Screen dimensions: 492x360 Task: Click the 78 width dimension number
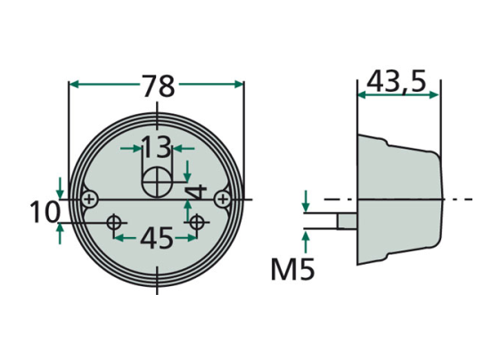158,86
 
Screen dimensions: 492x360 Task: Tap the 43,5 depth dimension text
397,81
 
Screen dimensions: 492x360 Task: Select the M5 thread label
292,269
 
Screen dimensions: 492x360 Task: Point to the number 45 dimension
157,238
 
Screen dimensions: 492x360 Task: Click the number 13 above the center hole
157,147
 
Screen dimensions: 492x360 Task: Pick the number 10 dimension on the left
45,212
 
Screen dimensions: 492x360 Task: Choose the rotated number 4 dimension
196,192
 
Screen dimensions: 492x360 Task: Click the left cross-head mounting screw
90,199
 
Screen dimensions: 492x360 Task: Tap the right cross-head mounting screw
223,199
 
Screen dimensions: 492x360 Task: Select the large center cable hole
158,183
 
